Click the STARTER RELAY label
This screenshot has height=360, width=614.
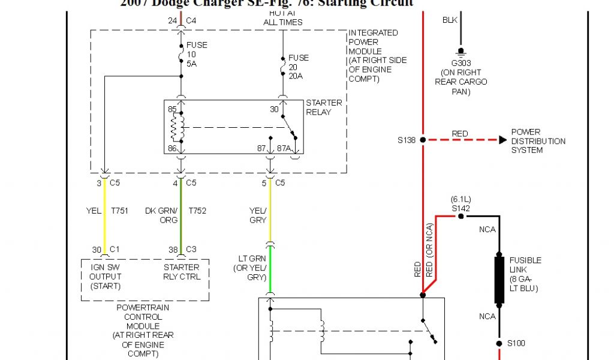324,107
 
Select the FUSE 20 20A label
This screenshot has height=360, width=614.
299,67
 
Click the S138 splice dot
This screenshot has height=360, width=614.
423,140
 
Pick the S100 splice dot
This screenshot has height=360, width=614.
499,344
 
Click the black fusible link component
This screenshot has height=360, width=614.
499,280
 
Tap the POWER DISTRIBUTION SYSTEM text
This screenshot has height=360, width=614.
538,141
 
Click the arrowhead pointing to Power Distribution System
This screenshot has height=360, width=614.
502,140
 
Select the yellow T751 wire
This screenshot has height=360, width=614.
104,213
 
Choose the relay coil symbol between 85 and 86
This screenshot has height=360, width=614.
177,127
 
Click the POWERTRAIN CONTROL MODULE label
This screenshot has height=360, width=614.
143,331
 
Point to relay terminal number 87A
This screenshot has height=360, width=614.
284,148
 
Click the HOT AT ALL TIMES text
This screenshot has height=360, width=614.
283,18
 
